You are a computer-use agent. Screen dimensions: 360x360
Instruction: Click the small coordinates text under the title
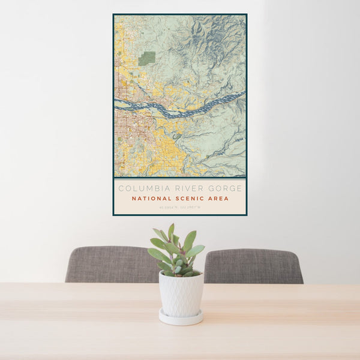180,208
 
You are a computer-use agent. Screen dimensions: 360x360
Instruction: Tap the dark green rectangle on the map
147,58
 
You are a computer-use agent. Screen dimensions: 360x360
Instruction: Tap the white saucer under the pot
181,317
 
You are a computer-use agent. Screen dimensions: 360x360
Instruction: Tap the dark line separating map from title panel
180,178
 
